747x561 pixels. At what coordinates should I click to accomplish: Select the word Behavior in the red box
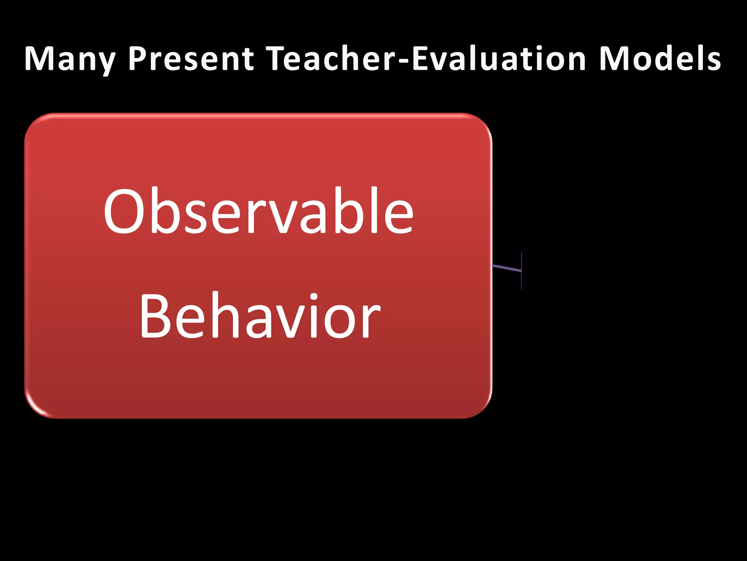pyautogui.click(x=260, y=316)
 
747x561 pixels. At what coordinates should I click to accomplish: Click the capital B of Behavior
pyautogui.click(x=153, y=316)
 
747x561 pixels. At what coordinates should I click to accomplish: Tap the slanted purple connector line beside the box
pyautogui.click(x=507, y=268)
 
